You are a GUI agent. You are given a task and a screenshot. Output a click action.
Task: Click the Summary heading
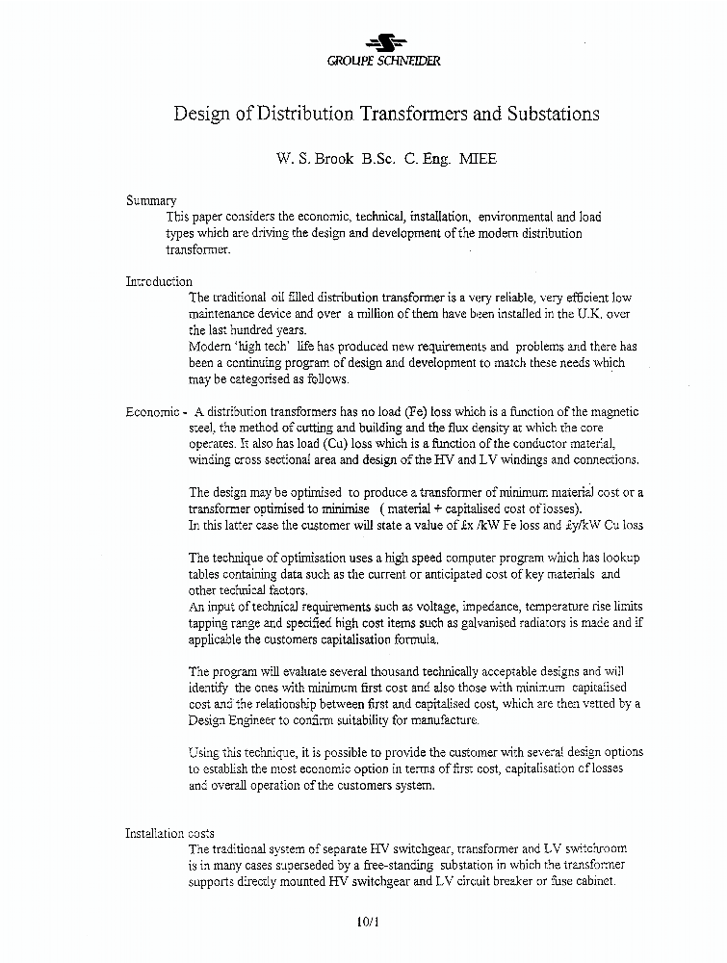(151, 200)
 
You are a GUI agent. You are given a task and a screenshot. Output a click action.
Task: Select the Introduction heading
(159, 281)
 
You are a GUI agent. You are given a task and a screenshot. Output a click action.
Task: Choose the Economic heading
(154, 411)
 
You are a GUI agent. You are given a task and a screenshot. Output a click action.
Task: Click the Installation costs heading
(170, 833)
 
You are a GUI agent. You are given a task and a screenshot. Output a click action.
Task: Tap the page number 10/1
(368, 922)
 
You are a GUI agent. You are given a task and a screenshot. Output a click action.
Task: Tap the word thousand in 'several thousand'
(380, 671)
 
